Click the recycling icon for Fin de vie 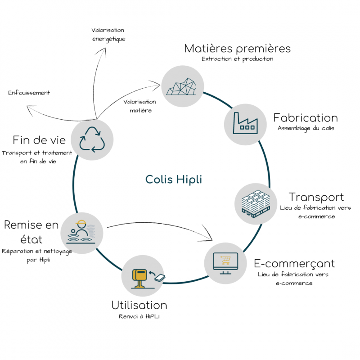[x=92, y=139]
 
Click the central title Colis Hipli [x=174, y=180]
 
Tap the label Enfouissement [x=29, y=93]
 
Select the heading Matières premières [x=238, y=48]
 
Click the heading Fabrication [x=306, y=118]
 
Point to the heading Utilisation [x=139, y=305]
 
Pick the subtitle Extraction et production [x=237, y=59]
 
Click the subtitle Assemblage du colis [x=306, y=128]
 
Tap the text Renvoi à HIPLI [x=139, y=316]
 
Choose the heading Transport [x=316, y=197]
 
